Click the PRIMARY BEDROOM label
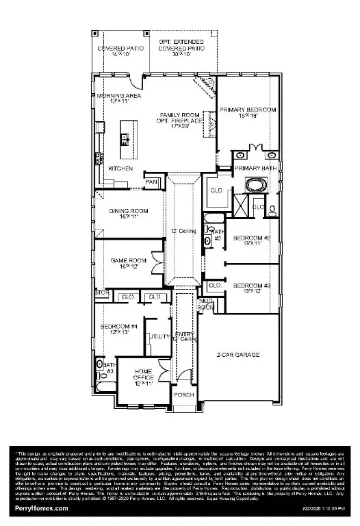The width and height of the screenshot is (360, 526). tap(247, 110)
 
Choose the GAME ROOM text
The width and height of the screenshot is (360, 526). tap(129, 260)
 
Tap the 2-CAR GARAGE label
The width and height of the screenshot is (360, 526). tap(237, 354)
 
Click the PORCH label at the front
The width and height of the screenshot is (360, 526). tap(183, 395)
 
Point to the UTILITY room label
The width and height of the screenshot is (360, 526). tap(160, 337)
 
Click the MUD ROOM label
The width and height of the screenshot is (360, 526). tap(205, 304)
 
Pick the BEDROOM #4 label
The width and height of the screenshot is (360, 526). tap(119, 327)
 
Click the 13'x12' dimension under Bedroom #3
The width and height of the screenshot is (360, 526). tap(247, 291)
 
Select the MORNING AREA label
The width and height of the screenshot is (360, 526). tap(114, 96)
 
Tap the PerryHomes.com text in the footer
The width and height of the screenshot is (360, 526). tap(41, 508)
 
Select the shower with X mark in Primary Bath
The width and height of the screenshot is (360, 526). tap(241, 204)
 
